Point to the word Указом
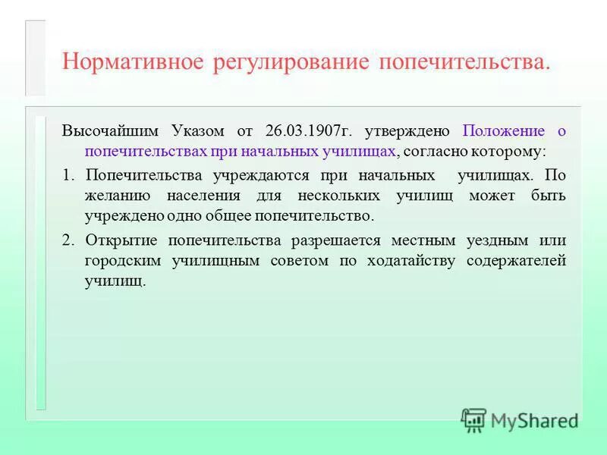coord(193,130)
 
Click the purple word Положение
coord(504,130)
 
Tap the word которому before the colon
coord(507,151)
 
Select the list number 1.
coord(68,175)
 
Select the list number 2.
coord(68,240)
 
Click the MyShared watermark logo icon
coord(474,420)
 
